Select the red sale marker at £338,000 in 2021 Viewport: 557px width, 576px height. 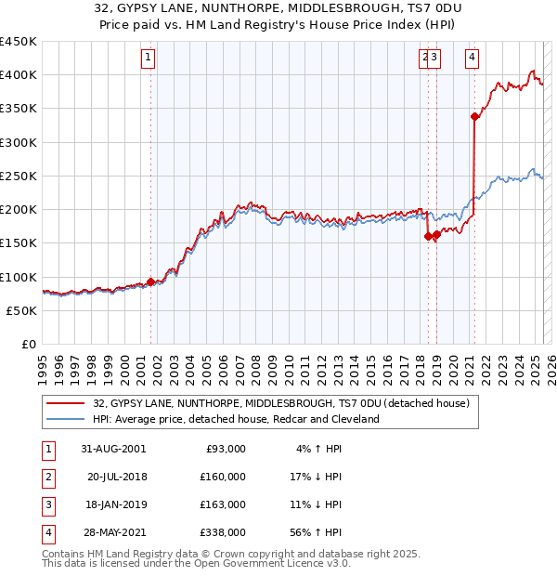(474, 116)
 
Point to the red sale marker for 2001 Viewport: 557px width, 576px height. (150, 281)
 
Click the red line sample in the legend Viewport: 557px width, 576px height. (66, 404)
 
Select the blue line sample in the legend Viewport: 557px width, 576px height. (66, 419)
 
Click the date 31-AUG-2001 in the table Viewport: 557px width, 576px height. (113, 449)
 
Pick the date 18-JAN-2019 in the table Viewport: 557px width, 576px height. (113, 504)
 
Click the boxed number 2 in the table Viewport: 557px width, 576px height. (47, 477)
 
